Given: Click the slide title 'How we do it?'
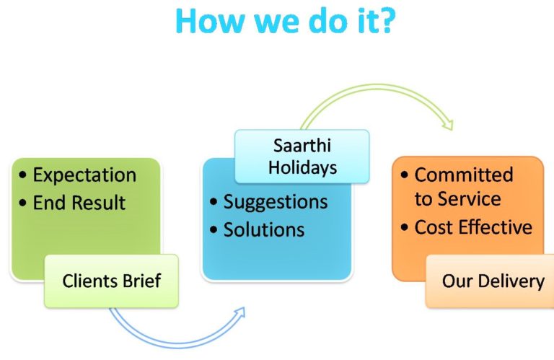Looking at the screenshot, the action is coord(285,20).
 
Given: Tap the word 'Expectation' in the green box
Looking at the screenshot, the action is coord(84,175).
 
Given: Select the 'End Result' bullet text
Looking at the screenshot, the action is coord(79,203).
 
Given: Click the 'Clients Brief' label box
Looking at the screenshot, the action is coord(111,281).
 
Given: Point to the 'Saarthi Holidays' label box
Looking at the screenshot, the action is coord(302,157).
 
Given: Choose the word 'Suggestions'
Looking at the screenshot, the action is coord(276,203).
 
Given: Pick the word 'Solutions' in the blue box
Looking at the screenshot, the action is coord(264,229).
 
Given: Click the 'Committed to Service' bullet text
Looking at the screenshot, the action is coord(464,187).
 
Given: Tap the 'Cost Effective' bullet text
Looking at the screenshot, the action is coord(473,227).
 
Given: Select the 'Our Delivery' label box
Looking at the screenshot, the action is coord(490,281).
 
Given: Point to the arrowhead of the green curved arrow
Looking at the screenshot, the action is coord(448,125).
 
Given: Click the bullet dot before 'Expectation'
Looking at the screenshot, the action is coord(23,175).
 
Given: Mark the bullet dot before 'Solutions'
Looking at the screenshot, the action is coord(214,229).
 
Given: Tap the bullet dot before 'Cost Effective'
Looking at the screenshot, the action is coord(405,227).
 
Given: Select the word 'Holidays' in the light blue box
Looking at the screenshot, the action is coord(302,167).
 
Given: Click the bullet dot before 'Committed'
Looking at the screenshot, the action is coord(405,175).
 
